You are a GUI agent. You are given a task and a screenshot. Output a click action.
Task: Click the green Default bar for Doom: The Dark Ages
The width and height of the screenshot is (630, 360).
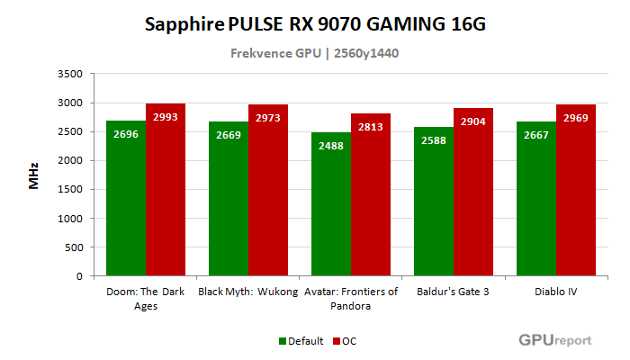[x=126, y=198]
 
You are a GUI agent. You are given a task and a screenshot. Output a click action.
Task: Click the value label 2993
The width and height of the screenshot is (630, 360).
[x=166, y=118]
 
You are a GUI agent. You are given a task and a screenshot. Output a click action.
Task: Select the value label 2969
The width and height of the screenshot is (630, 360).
[x=576, y=119]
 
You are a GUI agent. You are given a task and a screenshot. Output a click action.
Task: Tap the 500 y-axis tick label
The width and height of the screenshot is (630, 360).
[x=74, y=247]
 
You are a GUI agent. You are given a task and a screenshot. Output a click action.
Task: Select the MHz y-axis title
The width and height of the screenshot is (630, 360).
[x=33, y=175]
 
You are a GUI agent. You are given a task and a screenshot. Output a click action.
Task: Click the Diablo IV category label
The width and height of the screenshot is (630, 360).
[x=556, y=291]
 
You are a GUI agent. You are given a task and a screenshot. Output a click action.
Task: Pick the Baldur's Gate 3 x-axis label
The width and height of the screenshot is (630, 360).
[x=454, y=291]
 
